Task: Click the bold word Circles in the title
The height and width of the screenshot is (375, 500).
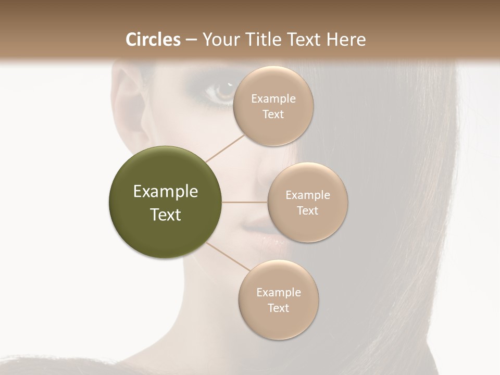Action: [153, 40]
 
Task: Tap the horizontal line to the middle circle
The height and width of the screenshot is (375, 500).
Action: [245, 202]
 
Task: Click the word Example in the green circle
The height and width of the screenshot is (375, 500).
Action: [166, 192]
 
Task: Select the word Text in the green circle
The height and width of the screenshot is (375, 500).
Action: [166, 215]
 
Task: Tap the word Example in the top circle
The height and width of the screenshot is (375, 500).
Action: [273, 98]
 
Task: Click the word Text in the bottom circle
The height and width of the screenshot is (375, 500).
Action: [279, 308]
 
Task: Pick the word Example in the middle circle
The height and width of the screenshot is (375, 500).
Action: [308, 195]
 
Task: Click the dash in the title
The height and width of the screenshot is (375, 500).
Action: [191, 40]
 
